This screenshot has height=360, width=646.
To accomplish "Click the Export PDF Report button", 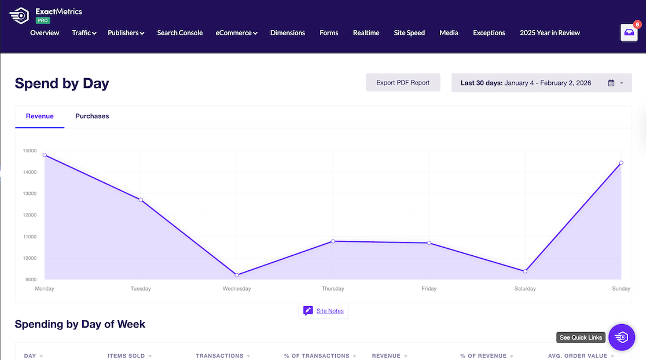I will coord(403,83).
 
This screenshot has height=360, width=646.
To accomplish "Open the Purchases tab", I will coord(92,116).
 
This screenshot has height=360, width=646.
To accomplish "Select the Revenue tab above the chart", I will coord(40,116).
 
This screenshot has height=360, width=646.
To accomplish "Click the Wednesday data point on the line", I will coord(237,275).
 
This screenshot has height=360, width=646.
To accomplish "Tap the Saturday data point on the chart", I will coord(525,271).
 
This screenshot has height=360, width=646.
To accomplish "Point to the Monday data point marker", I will coord(45,155).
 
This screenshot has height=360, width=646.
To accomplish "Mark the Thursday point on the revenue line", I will coord(333,241).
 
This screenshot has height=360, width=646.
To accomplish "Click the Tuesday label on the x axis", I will coord(141,289).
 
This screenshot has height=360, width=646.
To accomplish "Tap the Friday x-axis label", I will coord(429,289).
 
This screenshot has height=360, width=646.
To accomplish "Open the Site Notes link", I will coord(330,311).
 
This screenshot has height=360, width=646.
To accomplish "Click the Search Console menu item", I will coord(180,33).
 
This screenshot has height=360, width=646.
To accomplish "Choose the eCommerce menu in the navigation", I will coord(236,33).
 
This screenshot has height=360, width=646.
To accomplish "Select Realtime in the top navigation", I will coord(366,33).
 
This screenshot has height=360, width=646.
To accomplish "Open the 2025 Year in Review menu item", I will coord(549,33).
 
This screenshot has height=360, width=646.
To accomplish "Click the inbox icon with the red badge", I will coord(629,33).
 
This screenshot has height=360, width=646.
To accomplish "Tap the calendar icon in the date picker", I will coord(611,83).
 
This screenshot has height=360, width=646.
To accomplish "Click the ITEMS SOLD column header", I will coord(126,356).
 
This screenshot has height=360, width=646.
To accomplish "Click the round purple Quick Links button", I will coord(622,337).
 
